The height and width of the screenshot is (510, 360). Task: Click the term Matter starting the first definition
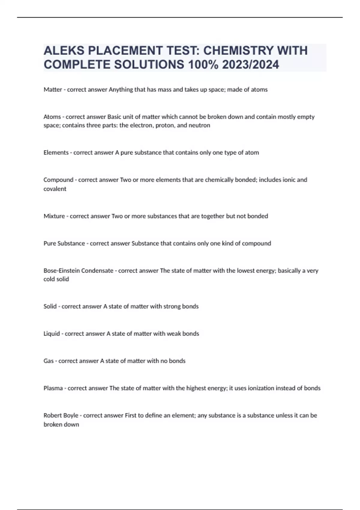click(x=53, y=89)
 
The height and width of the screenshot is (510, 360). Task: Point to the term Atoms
click(x=52, y=117)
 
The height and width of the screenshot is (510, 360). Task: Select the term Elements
click(x=56, y=152)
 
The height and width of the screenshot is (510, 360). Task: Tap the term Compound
click(x=58, y=180)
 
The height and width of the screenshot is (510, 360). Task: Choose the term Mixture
click(x=54, y=216)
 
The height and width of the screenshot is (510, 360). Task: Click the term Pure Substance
click(x=64, y=243)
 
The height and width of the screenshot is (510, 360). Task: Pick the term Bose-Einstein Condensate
click(x=78, y=271)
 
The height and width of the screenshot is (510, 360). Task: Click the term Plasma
click(x=53, y=388)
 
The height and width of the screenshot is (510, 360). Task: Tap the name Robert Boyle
click(x=61, y=415)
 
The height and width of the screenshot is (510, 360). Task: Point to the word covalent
click(x=55, y=189)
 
